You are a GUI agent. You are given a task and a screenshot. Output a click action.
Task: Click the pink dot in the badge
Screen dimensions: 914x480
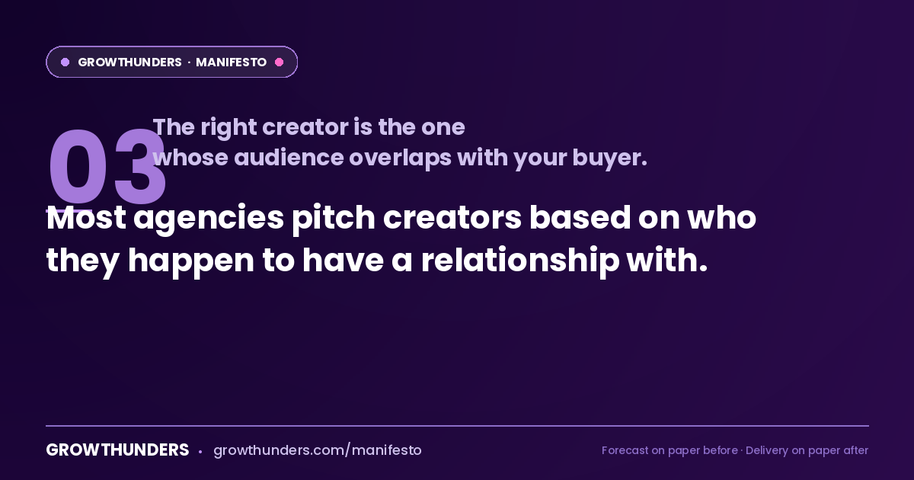279,62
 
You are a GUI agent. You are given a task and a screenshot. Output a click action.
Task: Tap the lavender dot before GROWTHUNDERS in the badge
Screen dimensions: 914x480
65,62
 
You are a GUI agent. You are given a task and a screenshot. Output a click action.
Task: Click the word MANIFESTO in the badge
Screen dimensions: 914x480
231,62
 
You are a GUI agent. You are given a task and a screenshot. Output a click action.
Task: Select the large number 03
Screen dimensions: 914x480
107,166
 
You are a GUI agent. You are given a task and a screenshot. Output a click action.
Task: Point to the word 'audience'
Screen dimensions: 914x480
289,158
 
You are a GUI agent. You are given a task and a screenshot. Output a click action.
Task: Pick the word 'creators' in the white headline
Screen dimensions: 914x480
452,218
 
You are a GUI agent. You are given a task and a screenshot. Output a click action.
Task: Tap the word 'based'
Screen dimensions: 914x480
580,217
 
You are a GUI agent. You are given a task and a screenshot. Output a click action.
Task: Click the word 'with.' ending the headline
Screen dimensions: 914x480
666,260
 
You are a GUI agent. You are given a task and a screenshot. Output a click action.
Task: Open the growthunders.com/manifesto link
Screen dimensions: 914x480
318,450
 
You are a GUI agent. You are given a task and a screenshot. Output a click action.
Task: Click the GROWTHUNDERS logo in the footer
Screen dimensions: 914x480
117,450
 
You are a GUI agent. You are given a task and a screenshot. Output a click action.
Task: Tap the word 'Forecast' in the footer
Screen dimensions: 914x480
625,450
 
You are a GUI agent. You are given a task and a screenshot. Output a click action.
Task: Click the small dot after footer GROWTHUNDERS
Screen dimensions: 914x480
200,452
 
